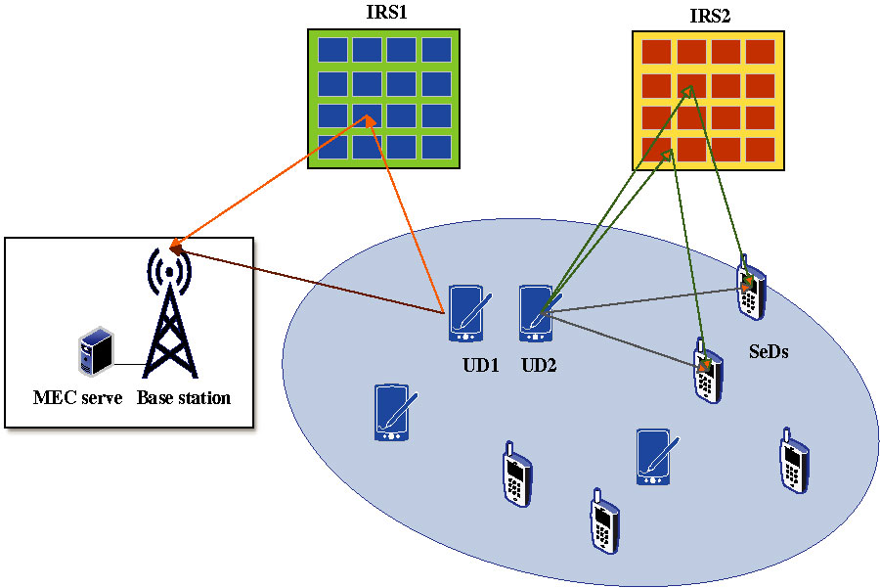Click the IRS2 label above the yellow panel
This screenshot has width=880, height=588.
710,17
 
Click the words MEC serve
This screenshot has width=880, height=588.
77,398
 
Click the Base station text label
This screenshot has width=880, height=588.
184,398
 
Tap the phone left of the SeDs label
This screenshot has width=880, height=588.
707,369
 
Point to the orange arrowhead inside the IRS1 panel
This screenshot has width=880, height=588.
369,119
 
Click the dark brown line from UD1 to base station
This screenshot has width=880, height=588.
313,284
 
